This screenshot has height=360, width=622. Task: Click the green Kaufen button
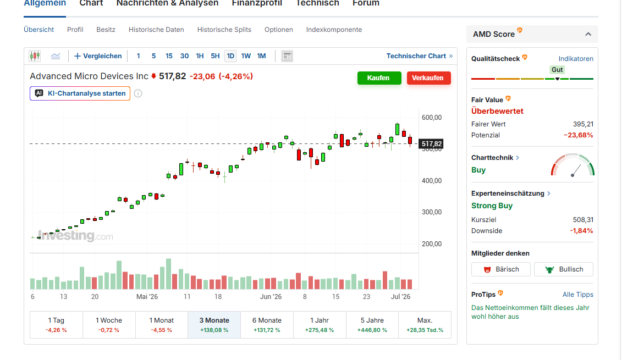(379, 77)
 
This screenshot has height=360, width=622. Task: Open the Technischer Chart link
(419, 56)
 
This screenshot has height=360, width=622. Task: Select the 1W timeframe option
(246, 56)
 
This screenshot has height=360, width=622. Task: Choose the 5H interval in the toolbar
(215, 56)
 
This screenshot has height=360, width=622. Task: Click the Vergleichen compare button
(98, 56)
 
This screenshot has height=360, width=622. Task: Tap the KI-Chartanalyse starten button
(80, 93)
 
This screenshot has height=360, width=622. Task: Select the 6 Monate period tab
(267, 325)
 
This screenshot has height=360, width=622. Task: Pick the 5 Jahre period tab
(372, 325)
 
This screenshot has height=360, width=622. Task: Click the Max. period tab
(425, 325)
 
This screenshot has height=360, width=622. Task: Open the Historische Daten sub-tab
(156, 30)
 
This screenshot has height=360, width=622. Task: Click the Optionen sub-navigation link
(279, 30)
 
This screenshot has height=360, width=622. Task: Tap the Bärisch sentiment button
(501, 269)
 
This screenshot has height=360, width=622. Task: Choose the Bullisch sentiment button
(564, 269)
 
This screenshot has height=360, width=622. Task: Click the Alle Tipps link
(578, 294)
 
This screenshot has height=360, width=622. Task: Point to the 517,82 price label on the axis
(431, 144)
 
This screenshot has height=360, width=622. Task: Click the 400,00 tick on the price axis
(432, 181)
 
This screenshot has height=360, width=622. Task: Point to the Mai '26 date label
(147, 297)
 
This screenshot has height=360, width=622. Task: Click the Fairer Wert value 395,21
(583, 124)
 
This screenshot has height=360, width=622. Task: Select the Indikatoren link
(576, 59)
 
